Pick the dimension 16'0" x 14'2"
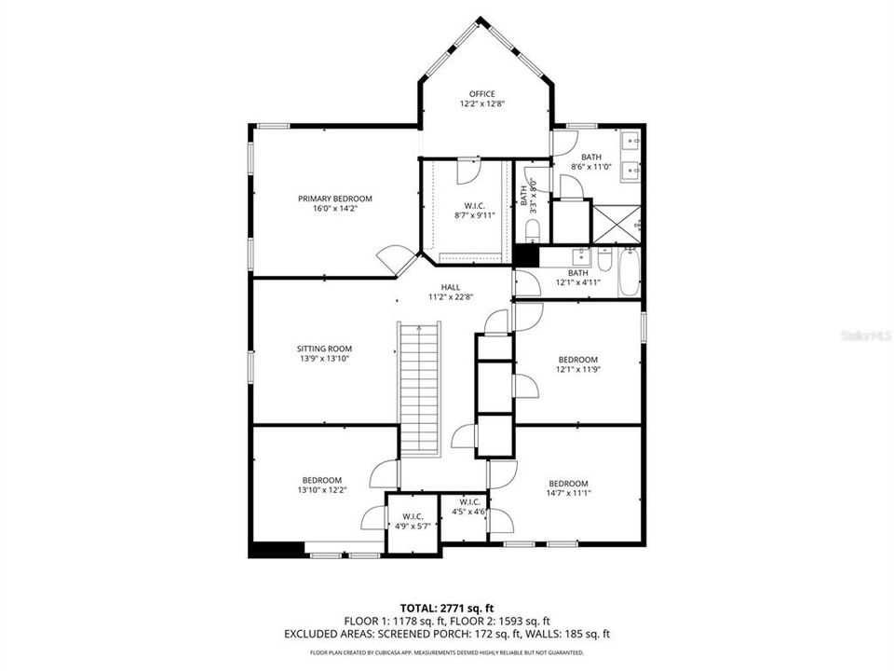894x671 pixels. pyautogui.click(x=335, y=210)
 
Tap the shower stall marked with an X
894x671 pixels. pyautogui.click(x=616, y=224)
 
